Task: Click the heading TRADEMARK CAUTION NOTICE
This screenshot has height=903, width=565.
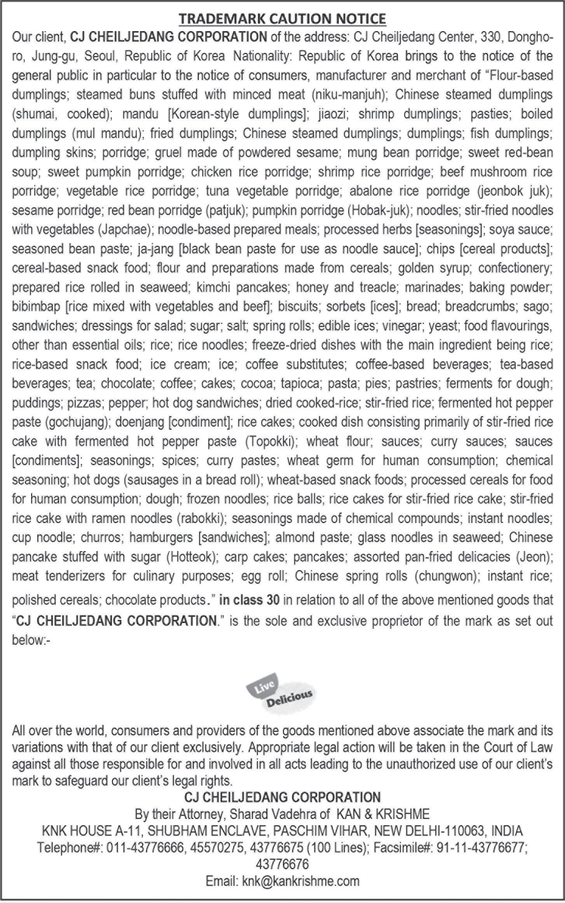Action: (x=282, y=18)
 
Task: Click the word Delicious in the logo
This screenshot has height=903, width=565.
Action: (x=289, y=698)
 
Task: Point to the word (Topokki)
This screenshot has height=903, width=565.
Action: (x=271, y=441)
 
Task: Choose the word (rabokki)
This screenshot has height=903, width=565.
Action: (x=201, y=518)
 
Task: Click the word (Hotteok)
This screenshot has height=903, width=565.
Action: (x=192, y=557)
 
